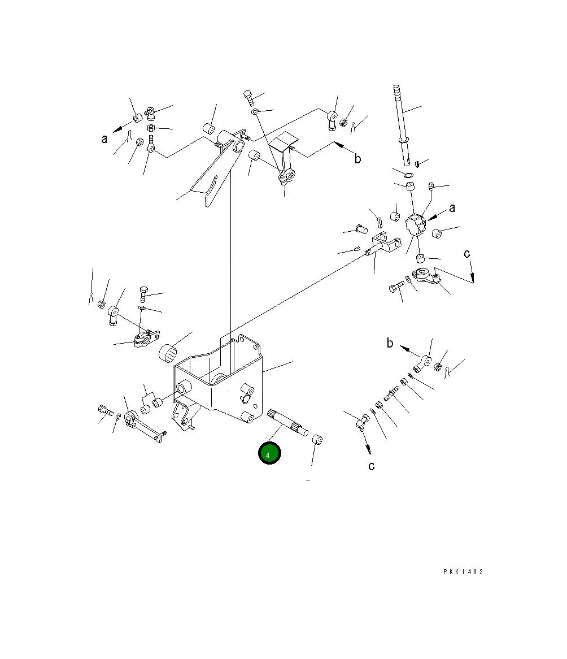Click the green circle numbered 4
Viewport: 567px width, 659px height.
coord(269,453)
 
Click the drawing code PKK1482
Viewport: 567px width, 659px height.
coord(463,571)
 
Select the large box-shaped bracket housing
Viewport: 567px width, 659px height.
coord(218,377)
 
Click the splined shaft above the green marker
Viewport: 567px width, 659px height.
coord(287,423)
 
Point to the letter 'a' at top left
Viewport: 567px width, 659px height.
coord(104,138)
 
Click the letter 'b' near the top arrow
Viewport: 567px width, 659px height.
coord(357,158)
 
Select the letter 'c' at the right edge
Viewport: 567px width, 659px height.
coord(466,253)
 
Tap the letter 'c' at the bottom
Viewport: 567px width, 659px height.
coord(371,466)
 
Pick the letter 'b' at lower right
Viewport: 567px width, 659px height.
coord(390,343)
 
